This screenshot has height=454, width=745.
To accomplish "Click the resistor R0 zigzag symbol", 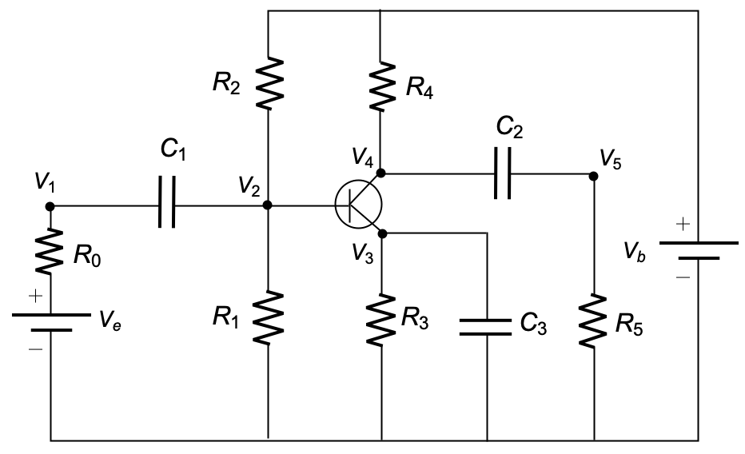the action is [x=50, y=251].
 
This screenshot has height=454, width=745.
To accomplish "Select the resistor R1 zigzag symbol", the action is [x=268, y=317].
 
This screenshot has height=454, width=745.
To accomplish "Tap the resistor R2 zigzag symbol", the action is [x=269, y=83].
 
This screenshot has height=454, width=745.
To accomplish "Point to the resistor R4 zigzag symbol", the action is [x=381, y=86].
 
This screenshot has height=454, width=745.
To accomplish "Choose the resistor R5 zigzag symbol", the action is [x=593, y=321].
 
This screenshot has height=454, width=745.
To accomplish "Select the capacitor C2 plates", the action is [x=503, y=173].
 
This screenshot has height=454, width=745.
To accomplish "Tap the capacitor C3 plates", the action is [x=485, y=327].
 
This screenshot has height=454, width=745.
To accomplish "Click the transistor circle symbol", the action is [x=358, y=204].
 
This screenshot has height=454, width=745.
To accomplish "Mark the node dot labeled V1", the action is [x=50, y=206].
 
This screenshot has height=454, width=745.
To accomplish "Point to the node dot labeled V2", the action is [x=268, y=205].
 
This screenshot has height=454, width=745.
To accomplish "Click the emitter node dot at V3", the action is [x=383, y=233].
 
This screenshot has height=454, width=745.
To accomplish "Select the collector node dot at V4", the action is [x=380, y=173].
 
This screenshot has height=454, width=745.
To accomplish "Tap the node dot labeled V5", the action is [x=593, y=176].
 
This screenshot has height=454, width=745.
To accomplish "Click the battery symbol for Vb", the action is [x=699, y=250].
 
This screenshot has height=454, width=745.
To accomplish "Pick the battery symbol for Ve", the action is [x=51, y=322].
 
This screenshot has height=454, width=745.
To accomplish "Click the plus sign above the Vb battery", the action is [x=683, y=224].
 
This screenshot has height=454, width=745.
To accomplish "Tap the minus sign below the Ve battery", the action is [x=36, y=349].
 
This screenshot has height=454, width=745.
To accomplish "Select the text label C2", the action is [x=509, y=127].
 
